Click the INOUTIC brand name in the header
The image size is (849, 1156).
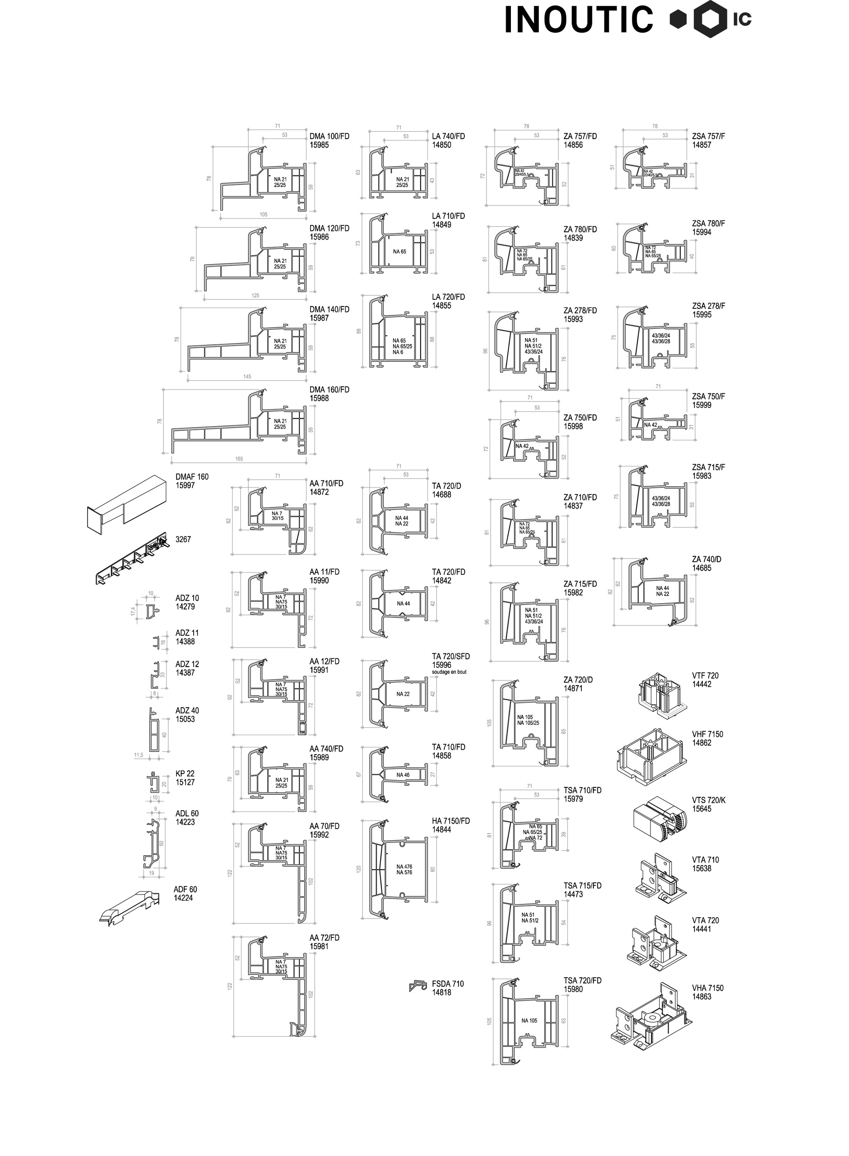(x=579, y=19)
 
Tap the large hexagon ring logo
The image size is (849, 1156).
(x=711, y=19)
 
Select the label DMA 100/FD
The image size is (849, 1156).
(x=329, y=136)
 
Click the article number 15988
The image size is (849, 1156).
(x=319, y=398)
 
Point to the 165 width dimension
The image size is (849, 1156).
(x=239, y=458)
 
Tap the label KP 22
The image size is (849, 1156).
(x=185, y=774)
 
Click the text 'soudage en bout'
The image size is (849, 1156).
(x=449, y=672)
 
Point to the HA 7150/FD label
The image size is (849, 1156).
(x=451, y=821)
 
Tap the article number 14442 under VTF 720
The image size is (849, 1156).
(x=702, y=684)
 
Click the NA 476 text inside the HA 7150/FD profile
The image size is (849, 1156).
(x=404, y=867)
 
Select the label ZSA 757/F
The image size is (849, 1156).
(x=708, y=136)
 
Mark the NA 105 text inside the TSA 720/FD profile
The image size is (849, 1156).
(x=529, y=1020)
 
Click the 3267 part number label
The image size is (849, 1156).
(x=183, y=539)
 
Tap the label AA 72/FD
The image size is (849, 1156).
(x=324, y=937)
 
